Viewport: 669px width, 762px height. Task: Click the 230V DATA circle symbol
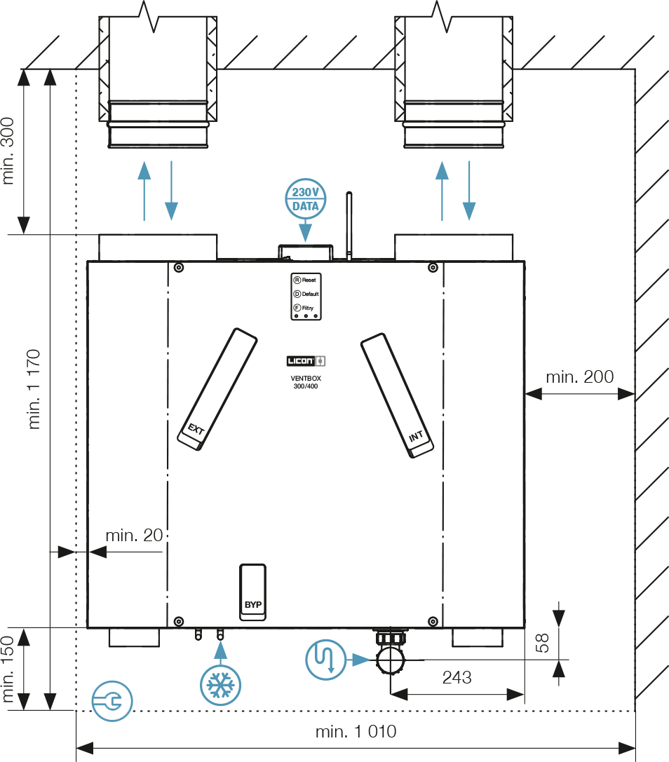306,198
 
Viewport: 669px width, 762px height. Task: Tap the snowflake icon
221,684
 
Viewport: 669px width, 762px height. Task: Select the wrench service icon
112,700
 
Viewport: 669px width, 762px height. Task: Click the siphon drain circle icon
326,659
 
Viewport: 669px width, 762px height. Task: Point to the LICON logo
306,361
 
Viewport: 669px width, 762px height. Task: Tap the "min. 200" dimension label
579,376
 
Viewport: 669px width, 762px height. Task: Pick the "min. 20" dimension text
134,536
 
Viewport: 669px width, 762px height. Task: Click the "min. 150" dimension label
8,671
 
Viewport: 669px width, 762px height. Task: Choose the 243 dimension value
457,678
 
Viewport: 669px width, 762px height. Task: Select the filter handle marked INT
398,396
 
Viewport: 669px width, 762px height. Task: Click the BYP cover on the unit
252,593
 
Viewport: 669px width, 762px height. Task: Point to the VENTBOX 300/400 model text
305,382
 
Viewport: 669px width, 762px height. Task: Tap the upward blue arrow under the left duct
144,190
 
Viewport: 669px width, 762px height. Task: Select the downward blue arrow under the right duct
469,190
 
